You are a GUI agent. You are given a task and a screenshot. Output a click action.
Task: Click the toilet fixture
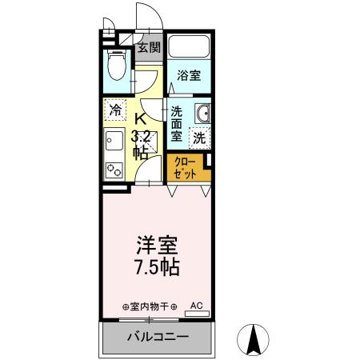tap(116, 64)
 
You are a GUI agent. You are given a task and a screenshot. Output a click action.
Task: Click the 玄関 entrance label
tap(148, 47)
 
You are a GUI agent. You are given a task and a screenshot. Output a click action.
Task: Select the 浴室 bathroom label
tap(189, 77)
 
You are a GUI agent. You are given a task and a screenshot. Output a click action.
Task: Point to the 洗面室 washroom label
tap(177, 123)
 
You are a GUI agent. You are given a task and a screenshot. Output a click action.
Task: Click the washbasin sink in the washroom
tap(202, 114)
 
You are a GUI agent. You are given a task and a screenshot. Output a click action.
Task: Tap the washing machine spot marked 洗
tap(199, 137)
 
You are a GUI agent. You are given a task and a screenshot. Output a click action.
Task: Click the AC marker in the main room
tap(197, 305)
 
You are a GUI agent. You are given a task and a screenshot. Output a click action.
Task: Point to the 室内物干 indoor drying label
tap(149, 306)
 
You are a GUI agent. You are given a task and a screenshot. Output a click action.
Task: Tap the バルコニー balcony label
tap(156, 336)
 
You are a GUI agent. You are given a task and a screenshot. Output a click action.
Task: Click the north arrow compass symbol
tap(255, 340)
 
